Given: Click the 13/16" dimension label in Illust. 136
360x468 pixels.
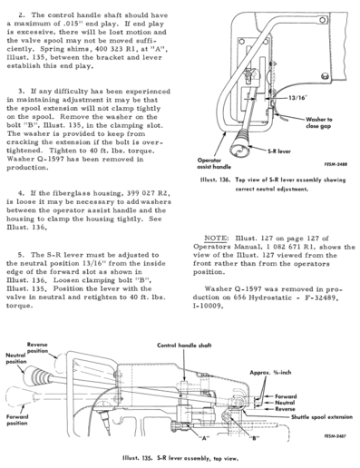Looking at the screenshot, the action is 297,98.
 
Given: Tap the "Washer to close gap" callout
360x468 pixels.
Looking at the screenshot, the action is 318,122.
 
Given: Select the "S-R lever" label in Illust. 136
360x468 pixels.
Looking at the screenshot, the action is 278,151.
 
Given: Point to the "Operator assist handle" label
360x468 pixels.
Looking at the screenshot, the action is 214,163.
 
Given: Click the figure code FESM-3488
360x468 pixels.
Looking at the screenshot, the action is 336,164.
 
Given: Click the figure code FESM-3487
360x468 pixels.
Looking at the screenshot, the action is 335,436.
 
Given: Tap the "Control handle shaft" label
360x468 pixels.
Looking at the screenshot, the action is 184,346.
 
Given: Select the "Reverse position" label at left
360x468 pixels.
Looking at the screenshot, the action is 37,347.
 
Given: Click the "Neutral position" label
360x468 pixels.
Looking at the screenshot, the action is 16,358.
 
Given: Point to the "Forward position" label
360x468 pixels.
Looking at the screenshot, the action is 17,420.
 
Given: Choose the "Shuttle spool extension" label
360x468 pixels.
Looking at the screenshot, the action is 322,417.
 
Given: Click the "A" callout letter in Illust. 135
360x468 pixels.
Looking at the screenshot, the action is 204,438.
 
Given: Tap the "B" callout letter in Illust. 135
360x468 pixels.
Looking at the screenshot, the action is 255,438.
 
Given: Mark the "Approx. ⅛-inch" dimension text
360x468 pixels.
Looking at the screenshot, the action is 270,373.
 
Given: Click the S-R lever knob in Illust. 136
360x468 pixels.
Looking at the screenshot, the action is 239,144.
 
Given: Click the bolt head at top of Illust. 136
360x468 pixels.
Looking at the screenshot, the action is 323,20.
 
